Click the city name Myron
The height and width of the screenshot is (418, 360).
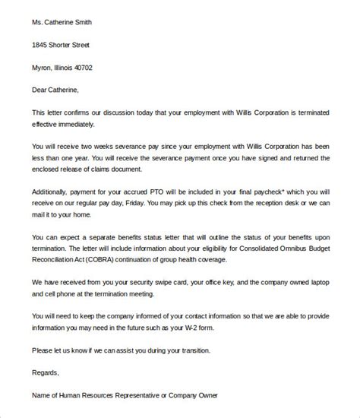[x=43, y=68]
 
